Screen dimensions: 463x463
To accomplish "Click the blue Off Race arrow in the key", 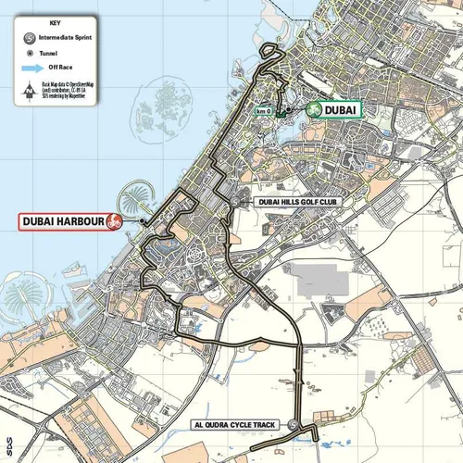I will pyautogui.click(x=33, y=69).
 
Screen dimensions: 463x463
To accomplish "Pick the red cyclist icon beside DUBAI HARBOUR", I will pyautogui.click(x=116, y=221).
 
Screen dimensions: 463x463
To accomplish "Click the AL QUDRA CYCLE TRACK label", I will pyautogui.click(x=235, y=425).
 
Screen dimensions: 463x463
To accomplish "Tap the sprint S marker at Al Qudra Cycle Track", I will pyautogui.click(x=293, y=425).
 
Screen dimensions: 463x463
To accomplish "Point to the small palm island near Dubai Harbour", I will pyautogui.click(x=131, y=201).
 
